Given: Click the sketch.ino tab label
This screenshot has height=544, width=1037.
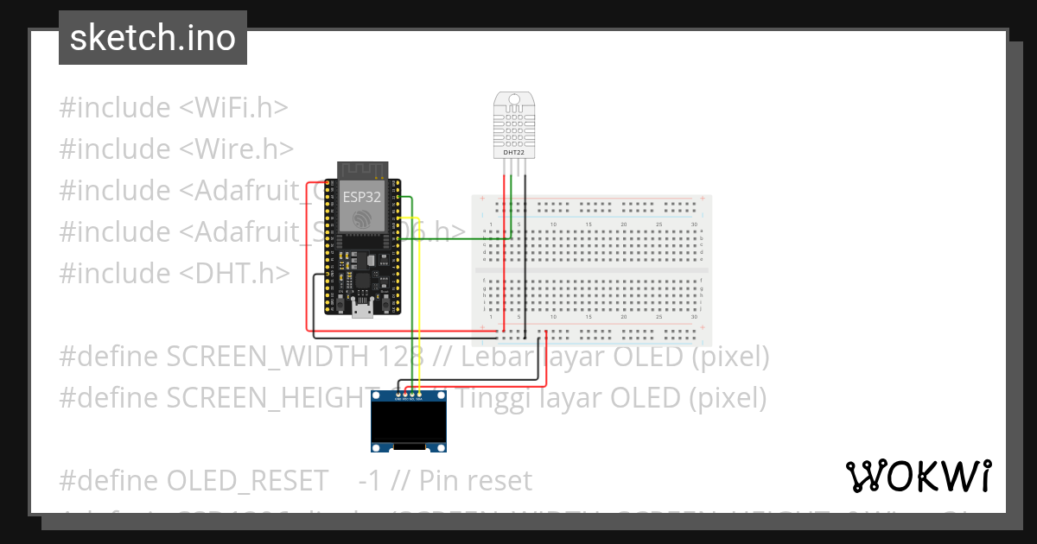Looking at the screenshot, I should coord(153,38).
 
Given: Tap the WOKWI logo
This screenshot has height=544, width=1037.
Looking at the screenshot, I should coord(919,476).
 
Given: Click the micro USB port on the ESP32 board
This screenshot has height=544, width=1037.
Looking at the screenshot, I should coord(363,310).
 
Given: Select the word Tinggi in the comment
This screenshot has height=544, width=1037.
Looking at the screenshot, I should coord(491,398).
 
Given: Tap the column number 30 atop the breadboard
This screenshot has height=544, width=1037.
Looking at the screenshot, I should coord(694,225).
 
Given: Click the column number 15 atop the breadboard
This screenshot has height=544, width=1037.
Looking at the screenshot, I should coord(588,225).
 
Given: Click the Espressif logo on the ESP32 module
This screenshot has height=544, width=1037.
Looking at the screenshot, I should coord(362,218).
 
